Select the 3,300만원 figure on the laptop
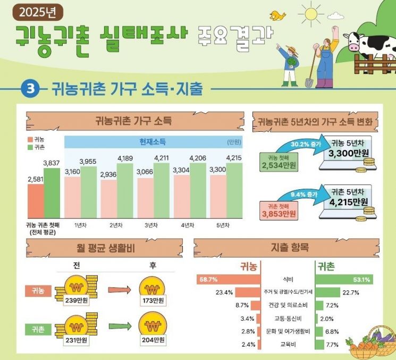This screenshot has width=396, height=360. (x=348, y=152)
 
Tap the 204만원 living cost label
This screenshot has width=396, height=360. (x=154, y=339)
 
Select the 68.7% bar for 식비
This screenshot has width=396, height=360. (x=228, y=279)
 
